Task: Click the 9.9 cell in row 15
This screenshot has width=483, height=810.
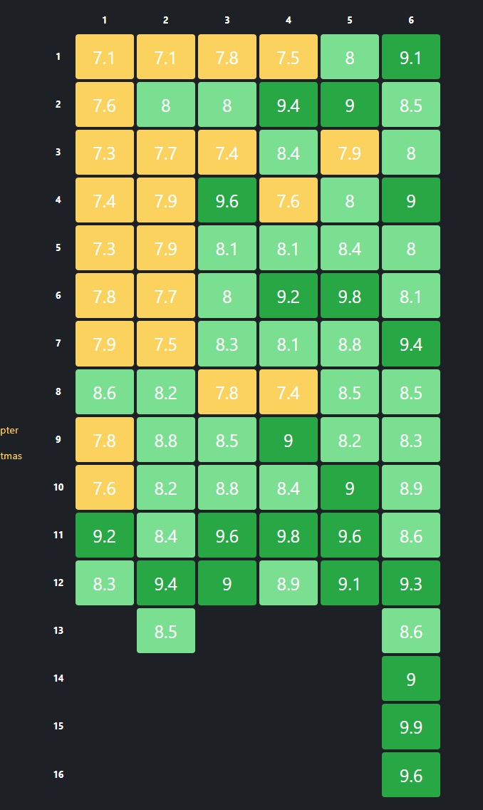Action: pos(411,727)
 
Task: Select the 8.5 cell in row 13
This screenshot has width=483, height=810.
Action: pos(166,631)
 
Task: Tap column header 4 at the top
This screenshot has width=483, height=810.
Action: pos(289,20)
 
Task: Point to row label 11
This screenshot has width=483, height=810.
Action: pos(58,535)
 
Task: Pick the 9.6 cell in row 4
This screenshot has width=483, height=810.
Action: pos(227,200)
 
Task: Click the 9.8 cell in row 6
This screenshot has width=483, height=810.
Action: pos(350,296)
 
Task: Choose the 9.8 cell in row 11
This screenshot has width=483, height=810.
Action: pos(289,535)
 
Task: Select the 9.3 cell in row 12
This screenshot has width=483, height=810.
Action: pos(411,583)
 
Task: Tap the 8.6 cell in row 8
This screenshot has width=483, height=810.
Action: pos(105,391)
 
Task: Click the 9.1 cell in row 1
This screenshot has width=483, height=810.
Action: pos(411,57)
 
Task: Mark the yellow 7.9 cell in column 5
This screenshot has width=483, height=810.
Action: pos(350,153)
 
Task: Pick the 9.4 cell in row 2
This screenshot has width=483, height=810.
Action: pos(289,105)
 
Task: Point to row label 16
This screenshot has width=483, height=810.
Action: pos(58,774)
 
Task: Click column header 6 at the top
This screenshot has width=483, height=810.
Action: pos(411,20)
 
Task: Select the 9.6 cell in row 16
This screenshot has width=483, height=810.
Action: pos(411,775)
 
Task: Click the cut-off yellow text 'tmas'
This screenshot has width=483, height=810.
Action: pos(11,456)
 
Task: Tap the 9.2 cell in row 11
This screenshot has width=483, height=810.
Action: pos(105,535)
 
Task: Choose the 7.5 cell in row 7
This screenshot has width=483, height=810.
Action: pos(166,344)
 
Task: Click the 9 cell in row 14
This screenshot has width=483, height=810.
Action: pos(411,679)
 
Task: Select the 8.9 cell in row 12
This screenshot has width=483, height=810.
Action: pos(289,583)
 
